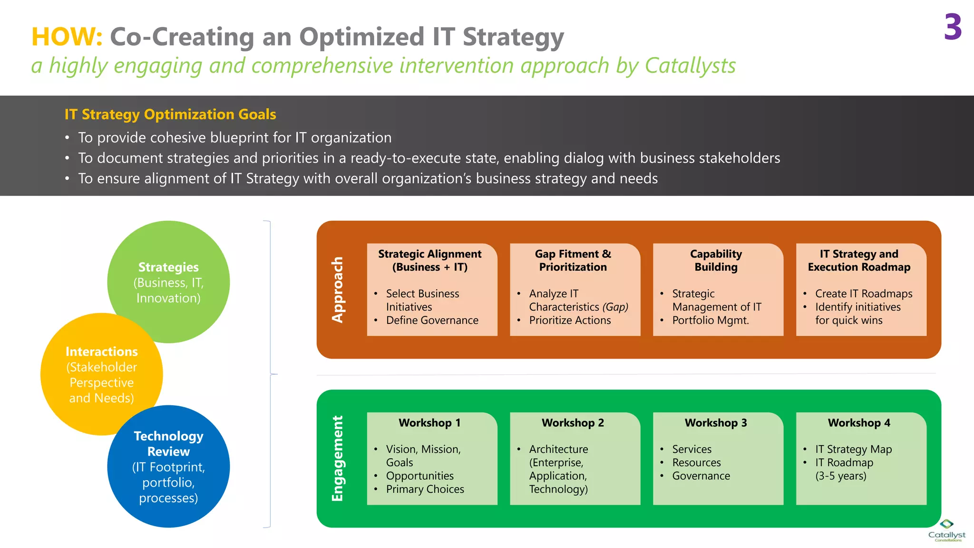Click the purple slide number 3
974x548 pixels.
pyautogui.click(x=953, y=28)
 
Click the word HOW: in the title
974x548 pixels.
pyautogui.click(x=67, y=37)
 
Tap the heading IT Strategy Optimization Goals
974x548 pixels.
pyautogui.click(x=170, y=114)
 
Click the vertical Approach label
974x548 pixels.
pyautogui.click(x=337, y=290)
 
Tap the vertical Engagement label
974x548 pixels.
pyautogui.click(x=337, y=459)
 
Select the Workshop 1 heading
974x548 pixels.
pyautogui.click(x=429, y=423)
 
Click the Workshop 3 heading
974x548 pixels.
pyautogui.click(x=716, y=423)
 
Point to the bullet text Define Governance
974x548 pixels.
pyautogui.click(x=432, y=321)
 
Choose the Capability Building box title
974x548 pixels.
pyautogui.click(x=716, y=260)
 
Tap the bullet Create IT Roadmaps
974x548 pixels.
pyautogui.click(x=864, y=294)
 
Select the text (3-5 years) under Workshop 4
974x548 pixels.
pyautogui.click(x=841, y=476)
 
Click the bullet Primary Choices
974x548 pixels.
pyautogui.click(x=425, y=489)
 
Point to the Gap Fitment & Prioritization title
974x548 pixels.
pyautogui.click(x=573, y=260)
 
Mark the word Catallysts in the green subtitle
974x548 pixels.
pyautogui.click(x=690, y=66)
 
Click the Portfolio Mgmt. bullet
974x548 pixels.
pyautogui.click(x=711, y=321)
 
